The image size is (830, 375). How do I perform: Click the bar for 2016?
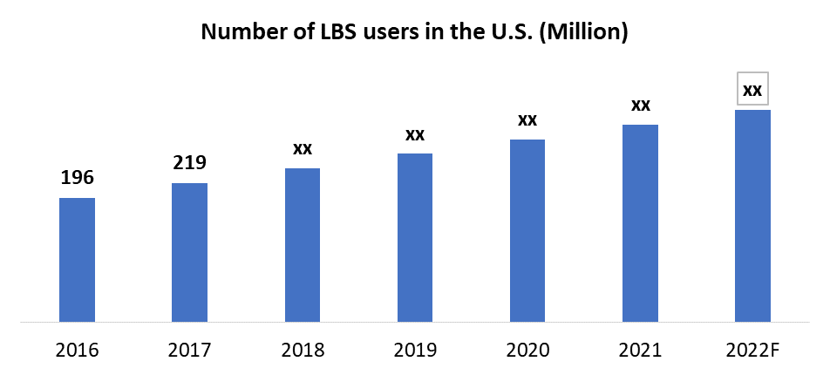point(77,260)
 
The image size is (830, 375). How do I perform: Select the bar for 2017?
point(189,253)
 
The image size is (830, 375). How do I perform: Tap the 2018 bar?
point(303,245)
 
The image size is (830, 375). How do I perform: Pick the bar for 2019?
point(415,238)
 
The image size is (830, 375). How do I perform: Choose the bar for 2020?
point(527,231)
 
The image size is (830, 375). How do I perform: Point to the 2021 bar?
point(640,223)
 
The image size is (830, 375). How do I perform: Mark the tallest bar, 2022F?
point(752,216)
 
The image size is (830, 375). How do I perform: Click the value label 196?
point(77,179)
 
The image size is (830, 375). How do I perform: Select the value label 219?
point(189,163)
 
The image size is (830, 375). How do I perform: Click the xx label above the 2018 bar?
point(303,148)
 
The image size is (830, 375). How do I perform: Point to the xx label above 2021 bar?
point(640,106)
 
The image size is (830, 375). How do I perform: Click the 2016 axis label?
point(77,351)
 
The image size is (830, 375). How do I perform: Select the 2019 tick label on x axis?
point(415,351)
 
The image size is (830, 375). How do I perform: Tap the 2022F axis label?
point(752,351)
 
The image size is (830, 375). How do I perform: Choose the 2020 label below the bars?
point(527,351)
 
